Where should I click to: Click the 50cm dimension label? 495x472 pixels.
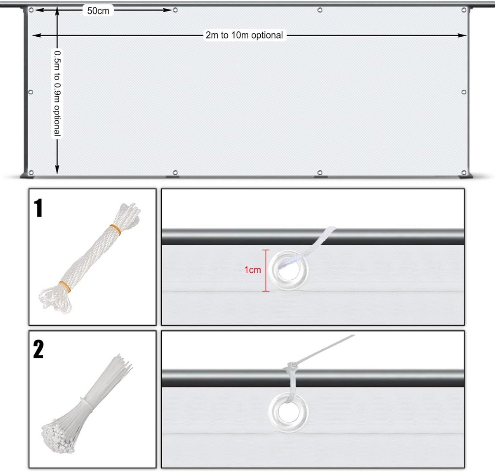click(x=98, y=11)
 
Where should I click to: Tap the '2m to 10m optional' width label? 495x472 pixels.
click(x=244, y=35)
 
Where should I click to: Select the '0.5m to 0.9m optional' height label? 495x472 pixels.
click(x=57, y=93)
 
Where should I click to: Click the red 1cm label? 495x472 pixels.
click(x=252, y=269)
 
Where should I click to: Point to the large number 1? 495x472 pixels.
click(x=38, y=208)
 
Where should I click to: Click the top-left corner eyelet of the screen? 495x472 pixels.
click(x=31, y=10)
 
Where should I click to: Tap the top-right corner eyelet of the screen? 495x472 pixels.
click(x=464, y=10)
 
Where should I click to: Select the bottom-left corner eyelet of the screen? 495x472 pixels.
click(x=31, y=173)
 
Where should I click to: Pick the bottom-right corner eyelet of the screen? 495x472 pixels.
click(x=464, y=173)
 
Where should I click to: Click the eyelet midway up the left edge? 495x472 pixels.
click(x=31, y=92)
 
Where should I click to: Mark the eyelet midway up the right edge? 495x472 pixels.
click(x=464, y=92)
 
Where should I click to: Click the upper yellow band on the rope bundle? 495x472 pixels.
click(x=116, y=229)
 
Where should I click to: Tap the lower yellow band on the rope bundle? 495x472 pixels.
click(x=65, y=287)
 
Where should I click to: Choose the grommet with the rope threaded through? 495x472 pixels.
click(x=288, y=270)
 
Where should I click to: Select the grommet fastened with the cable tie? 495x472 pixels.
click(x=288, y=412)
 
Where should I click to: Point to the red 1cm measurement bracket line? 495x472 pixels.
click(x=266, y=270)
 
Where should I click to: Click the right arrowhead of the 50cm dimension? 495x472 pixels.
click(x=168, y=10)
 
